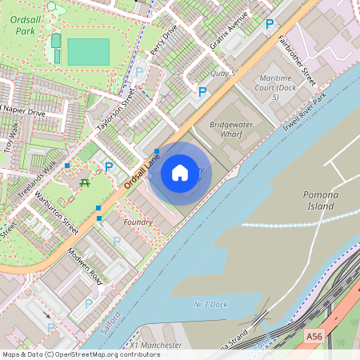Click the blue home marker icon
[180, 173]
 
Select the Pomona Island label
[323, 200]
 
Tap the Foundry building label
[138, 222]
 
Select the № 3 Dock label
[211, 304]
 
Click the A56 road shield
[315, 338]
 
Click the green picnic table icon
[85, 184]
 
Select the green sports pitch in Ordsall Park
[88, 52]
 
